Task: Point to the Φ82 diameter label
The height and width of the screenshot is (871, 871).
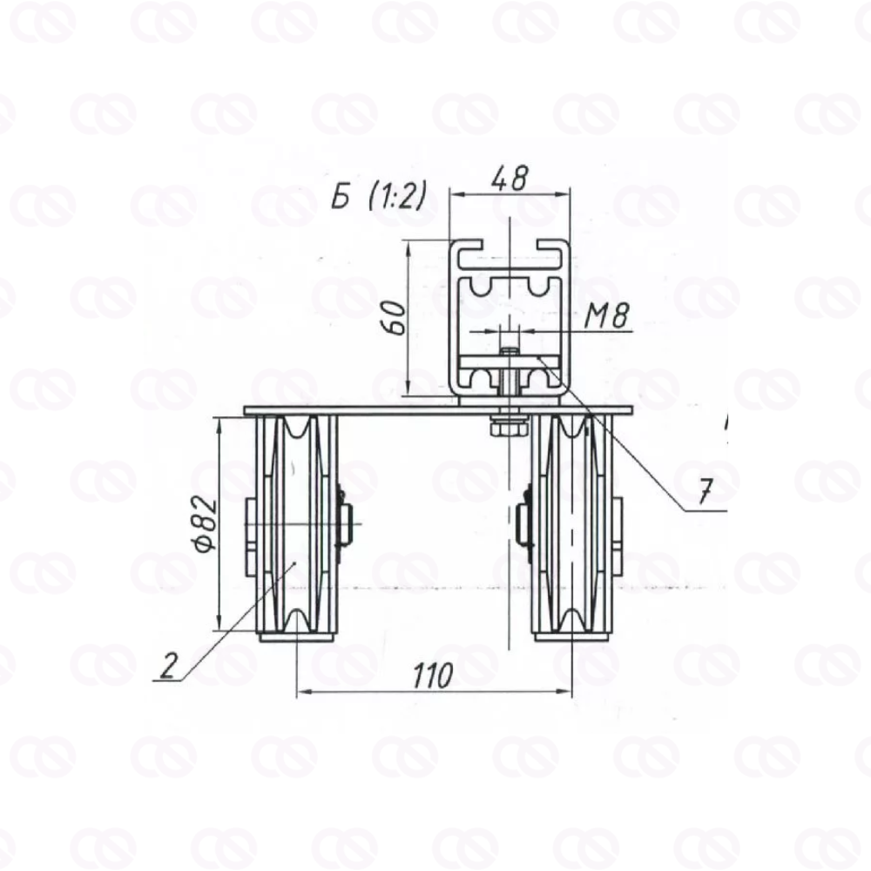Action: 206,524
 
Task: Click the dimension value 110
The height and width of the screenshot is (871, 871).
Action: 433,676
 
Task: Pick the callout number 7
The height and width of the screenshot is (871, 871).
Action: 705,490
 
